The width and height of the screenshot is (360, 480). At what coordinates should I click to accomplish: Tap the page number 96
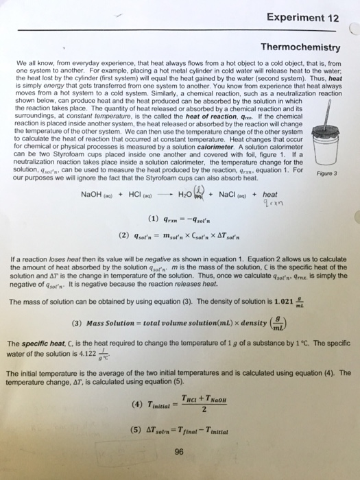180,451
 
